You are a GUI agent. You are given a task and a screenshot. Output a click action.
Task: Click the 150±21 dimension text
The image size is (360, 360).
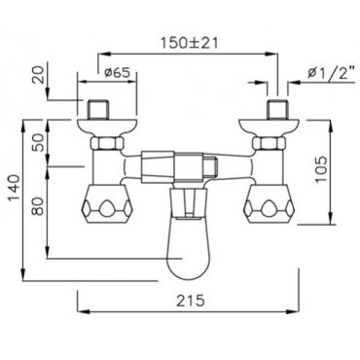point(190,43)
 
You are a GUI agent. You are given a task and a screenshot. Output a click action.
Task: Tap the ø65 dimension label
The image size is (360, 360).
point(117,73)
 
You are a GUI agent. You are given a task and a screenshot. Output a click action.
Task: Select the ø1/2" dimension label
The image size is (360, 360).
point(331,74)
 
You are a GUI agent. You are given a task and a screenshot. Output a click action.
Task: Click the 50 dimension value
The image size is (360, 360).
point(39,142)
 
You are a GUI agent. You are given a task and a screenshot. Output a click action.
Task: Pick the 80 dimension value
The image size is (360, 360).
point(39,206)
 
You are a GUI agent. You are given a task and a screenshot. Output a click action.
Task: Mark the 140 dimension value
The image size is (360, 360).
point(14,188)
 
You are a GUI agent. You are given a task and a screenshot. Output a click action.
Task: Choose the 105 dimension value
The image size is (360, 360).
point(322,169)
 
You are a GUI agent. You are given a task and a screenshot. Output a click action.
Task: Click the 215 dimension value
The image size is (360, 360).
point(191,301)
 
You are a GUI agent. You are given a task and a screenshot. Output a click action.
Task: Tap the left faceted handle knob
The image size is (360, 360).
point(107,204)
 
